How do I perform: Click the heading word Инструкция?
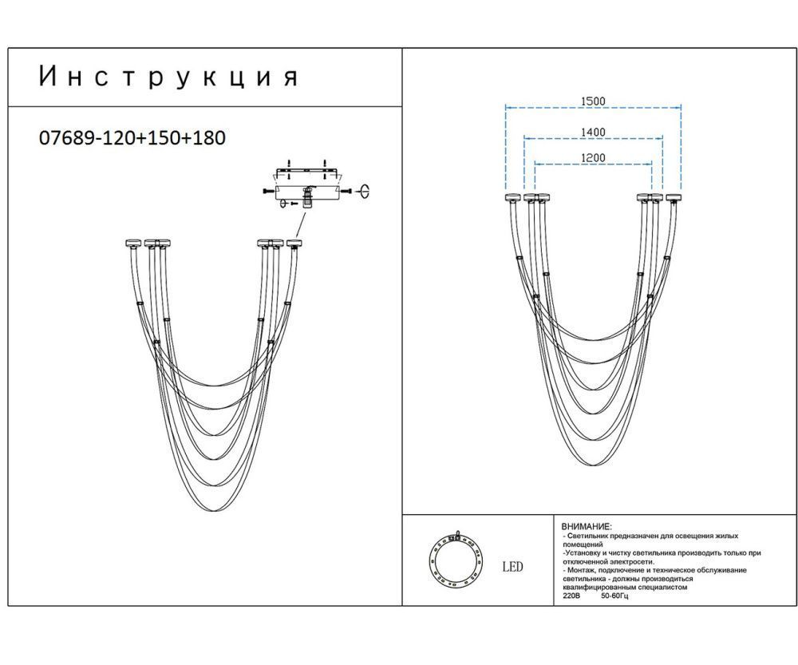tap(168, 77)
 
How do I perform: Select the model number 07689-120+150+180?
tap(132, 137)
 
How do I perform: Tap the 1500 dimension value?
tap(593, 101)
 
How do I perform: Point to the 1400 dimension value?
tap(593, 132)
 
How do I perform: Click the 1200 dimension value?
tap(593, 158)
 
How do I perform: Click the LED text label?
tap(512, 567)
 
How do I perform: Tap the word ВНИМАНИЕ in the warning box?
tap(586, 527)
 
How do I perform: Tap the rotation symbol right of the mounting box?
tap(367, 191)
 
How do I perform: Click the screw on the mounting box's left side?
tap(266, 192)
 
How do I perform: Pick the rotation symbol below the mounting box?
tap(283, 204)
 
